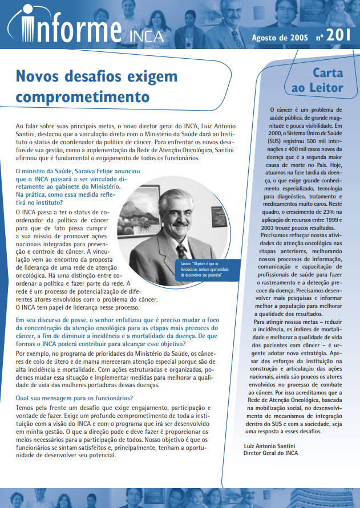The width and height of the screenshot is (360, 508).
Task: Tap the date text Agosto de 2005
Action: click(280, 37)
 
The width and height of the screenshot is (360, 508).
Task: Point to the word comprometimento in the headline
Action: click(78, 94)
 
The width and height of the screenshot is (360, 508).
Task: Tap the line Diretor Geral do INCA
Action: click(271, 453)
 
